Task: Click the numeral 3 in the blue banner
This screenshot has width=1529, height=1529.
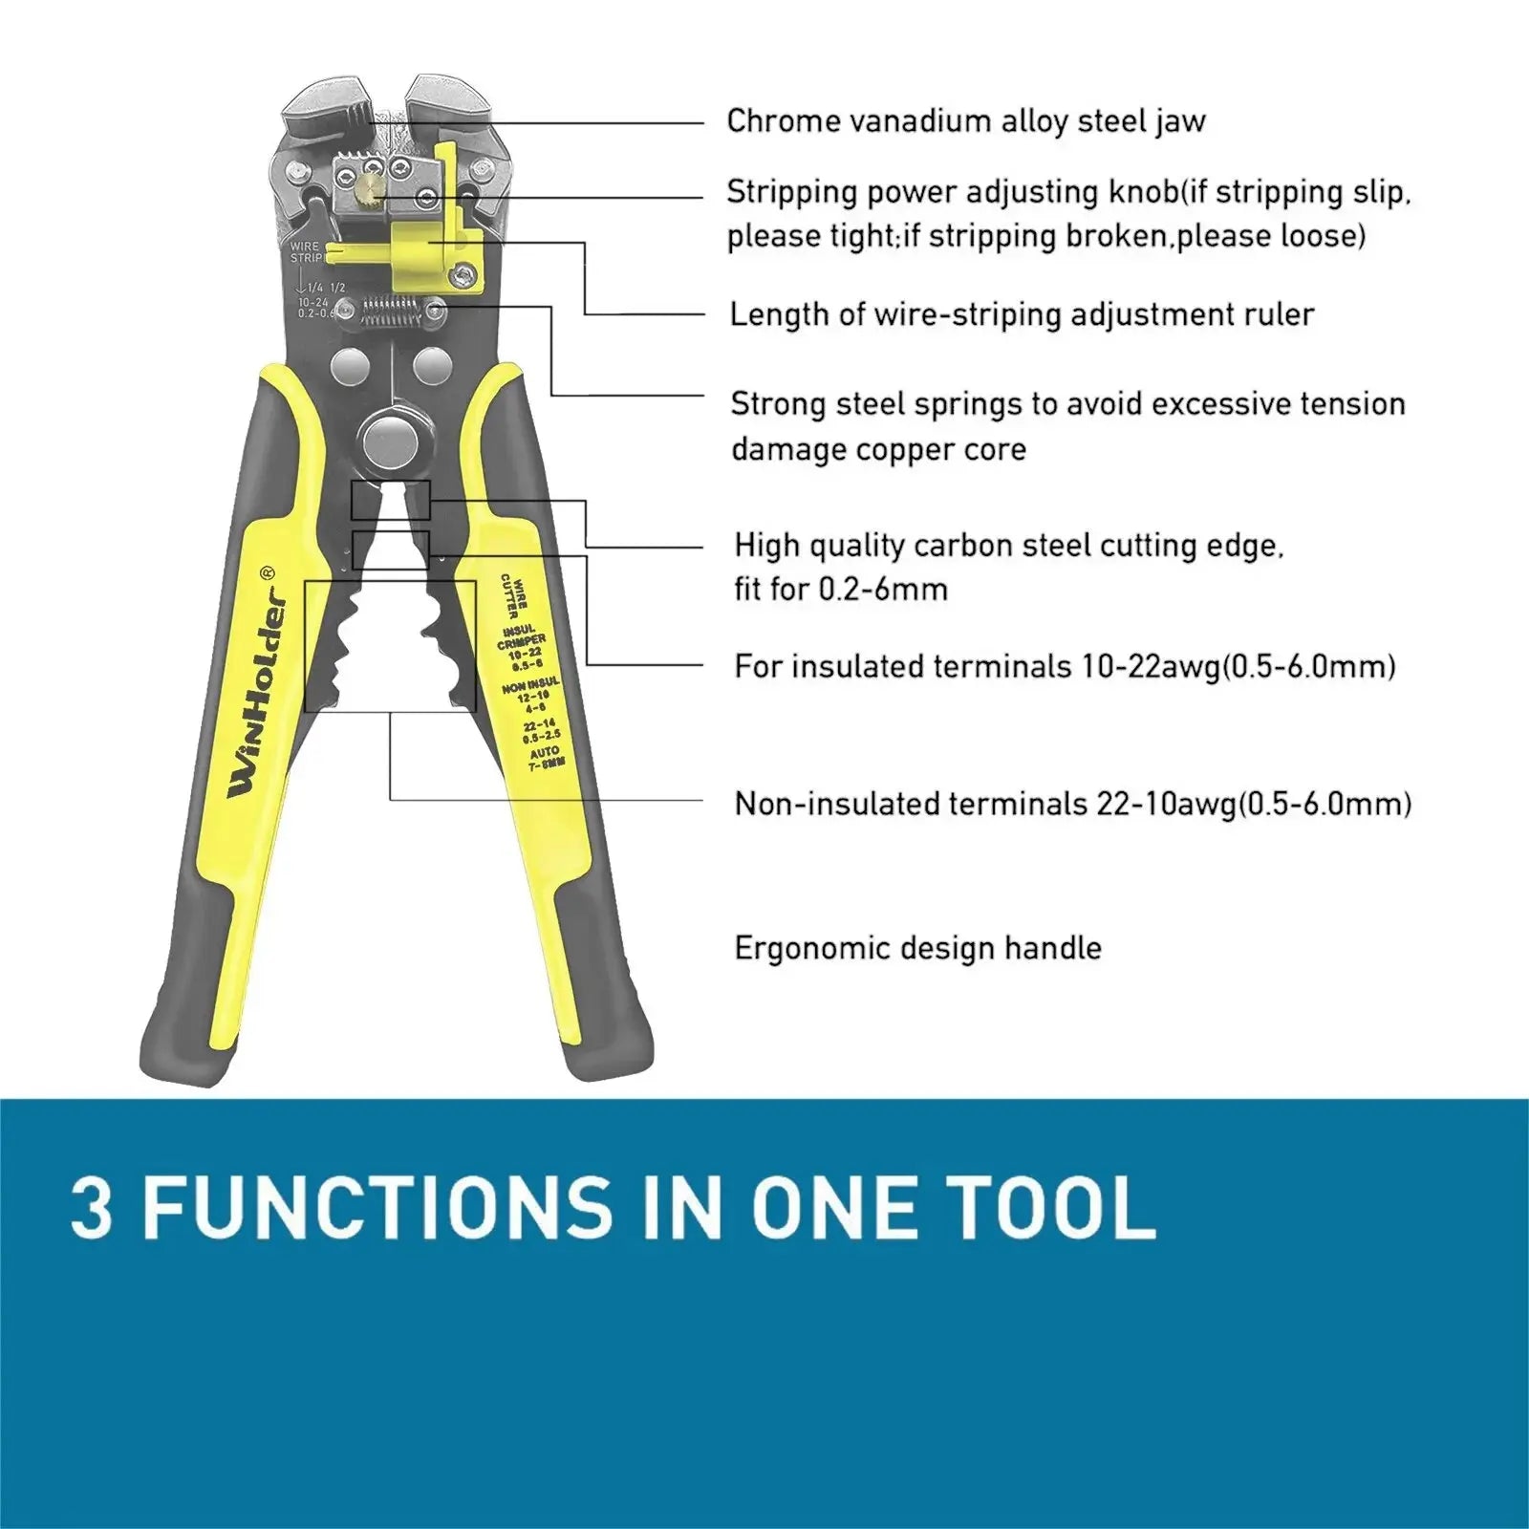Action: click(x=92, y=1208)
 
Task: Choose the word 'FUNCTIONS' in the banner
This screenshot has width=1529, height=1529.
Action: click(x=378, y=1208)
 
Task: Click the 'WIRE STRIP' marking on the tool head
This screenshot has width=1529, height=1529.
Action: click(x=306, y=252)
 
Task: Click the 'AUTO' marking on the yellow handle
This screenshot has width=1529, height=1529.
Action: click(x=545, y=753)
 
